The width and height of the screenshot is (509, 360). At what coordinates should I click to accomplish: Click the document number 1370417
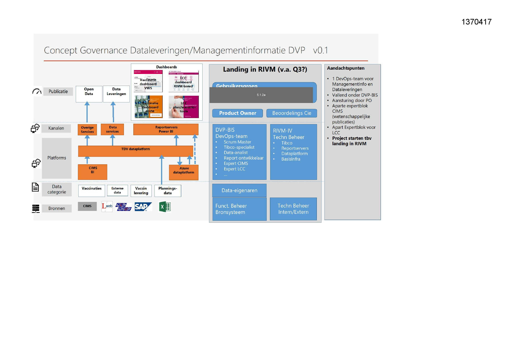click(476, 22)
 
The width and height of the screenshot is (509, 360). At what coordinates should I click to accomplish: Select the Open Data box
click(89, 94)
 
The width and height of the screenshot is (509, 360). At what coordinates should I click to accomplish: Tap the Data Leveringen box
click(116, 94)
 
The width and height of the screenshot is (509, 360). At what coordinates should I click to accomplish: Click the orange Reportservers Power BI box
click(166, 129)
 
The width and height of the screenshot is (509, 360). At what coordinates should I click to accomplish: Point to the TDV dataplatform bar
click(136, 151)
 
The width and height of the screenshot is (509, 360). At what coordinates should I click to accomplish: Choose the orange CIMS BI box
click(93, 172)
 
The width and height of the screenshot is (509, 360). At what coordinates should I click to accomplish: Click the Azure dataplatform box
click(184, 172)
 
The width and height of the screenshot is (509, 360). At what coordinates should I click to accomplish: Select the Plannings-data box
click(168, 191)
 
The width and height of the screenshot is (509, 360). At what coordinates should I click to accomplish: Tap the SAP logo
click(143, 207)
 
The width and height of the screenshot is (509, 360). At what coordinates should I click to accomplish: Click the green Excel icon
click(165, 207)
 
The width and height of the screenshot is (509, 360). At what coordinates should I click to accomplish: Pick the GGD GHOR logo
click(123, 207)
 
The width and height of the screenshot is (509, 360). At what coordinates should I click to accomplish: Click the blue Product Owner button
click(237, 113)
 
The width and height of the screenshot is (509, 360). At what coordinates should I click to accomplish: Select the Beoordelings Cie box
click(292, 113)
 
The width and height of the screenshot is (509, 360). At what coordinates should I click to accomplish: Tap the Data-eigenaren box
click(239, 190)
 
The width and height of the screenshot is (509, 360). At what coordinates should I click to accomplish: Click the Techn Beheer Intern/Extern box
click(293, 209)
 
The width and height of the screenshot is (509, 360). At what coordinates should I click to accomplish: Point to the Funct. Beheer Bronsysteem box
click(239, 209)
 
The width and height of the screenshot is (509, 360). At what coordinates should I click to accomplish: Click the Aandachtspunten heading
click(346, 68)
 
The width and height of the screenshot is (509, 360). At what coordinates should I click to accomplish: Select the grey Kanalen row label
click(56, 128)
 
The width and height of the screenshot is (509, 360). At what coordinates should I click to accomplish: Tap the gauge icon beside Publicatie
click(37, 91)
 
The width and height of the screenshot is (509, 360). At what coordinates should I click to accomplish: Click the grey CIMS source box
click(87, 206)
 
